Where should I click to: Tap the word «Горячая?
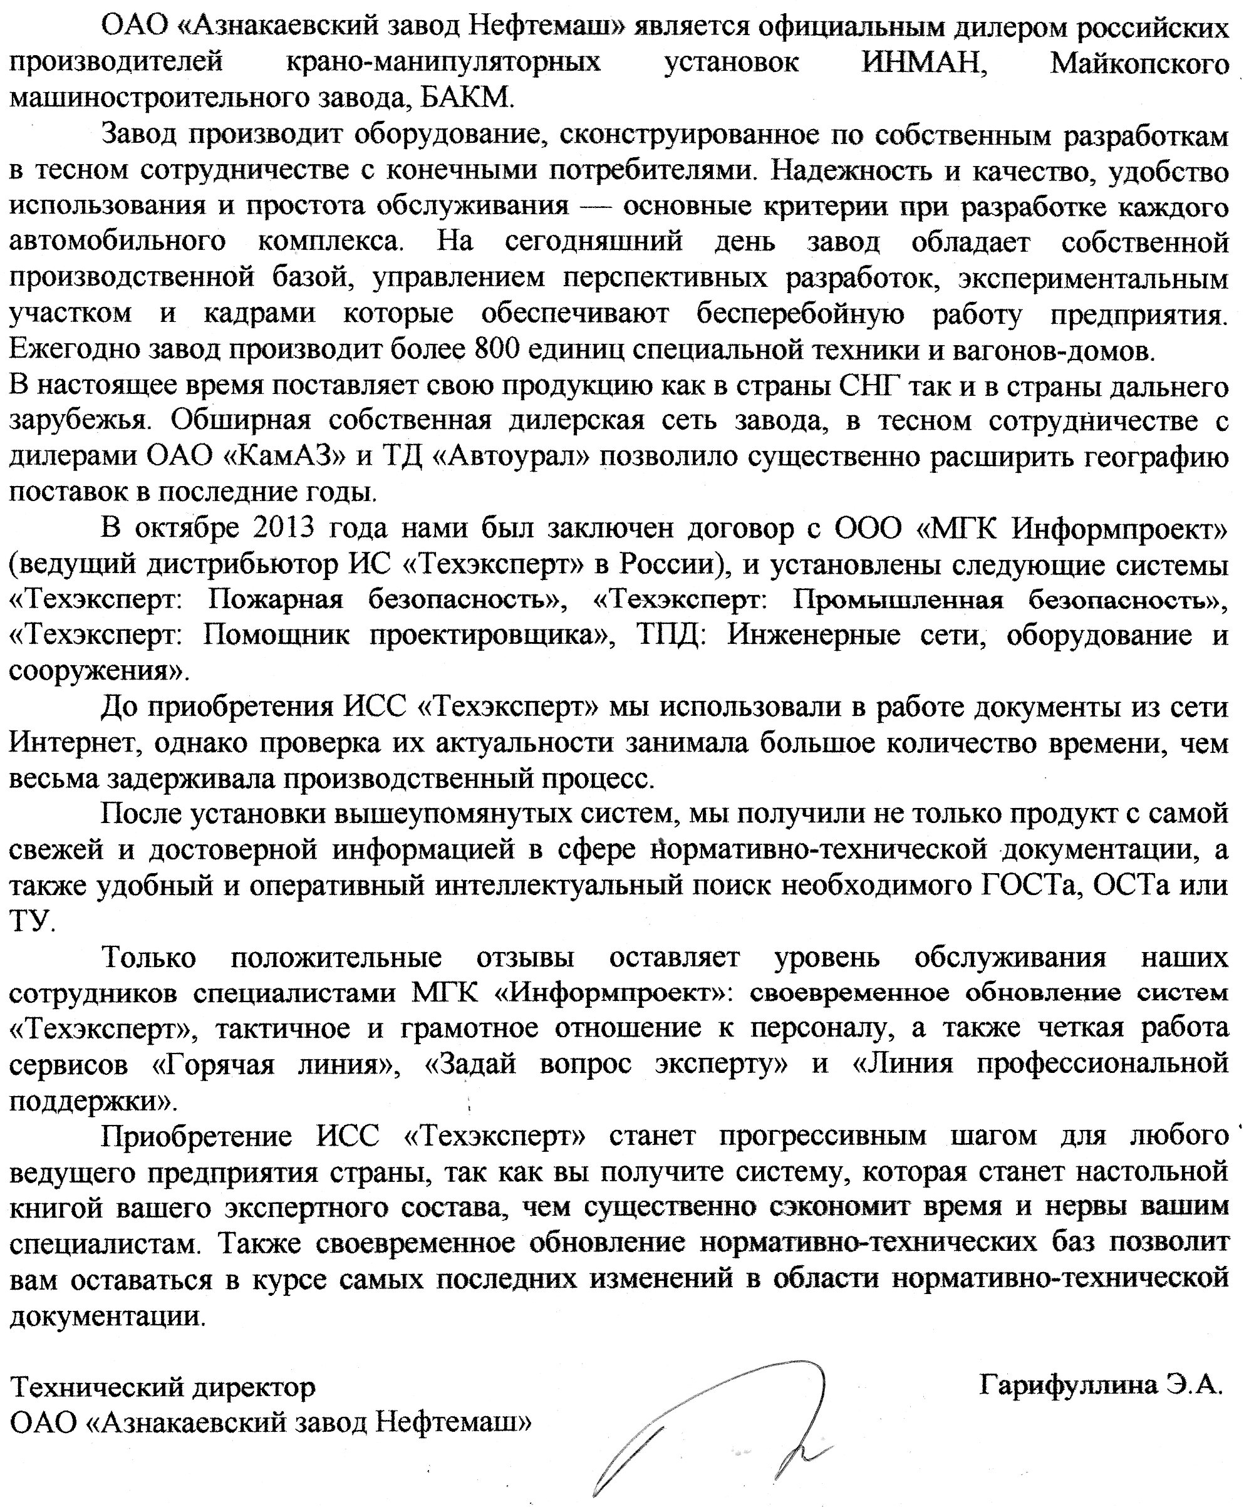[214, 1064]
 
